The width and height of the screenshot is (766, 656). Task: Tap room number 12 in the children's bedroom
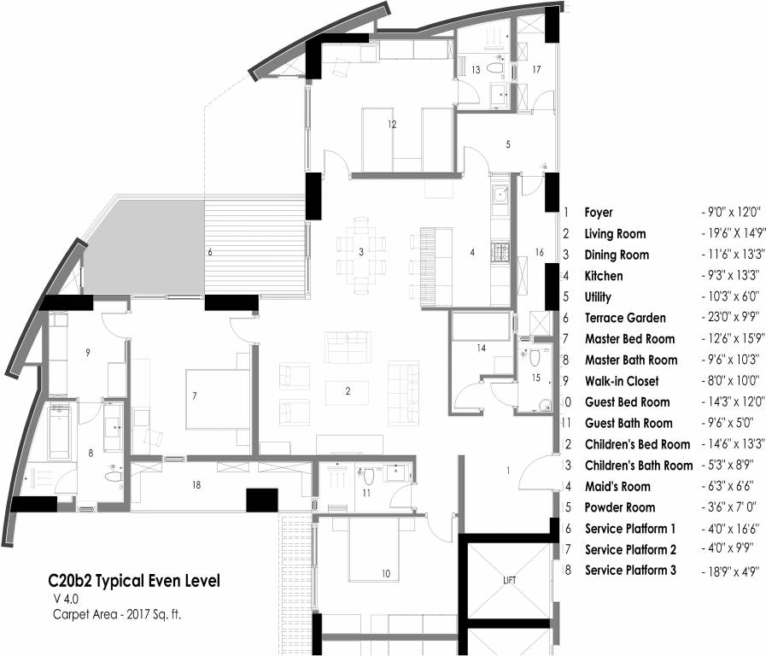click(392, 125)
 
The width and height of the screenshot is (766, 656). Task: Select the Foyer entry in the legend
click(598, 213)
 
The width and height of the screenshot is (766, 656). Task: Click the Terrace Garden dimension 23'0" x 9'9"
click(730, 318)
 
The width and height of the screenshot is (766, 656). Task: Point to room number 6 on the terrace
click(210, 253)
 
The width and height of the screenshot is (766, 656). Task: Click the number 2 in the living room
click(348, 392)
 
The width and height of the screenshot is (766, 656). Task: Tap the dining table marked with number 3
click(361, 252)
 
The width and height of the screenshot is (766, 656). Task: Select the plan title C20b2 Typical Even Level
click(134, 582)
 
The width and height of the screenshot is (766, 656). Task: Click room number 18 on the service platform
click(196, 485)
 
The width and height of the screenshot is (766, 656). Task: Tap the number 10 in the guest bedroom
click(385, 574)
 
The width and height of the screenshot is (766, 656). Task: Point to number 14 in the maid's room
click(482, 348)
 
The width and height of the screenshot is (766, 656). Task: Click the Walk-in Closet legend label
click(621, 381)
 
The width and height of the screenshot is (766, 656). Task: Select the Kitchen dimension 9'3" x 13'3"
click(730, 276)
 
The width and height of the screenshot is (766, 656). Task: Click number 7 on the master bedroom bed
click(195, 396)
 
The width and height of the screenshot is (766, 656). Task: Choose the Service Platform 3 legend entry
click(630, 570)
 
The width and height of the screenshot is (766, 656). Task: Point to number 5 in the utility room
click(508, 145)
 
